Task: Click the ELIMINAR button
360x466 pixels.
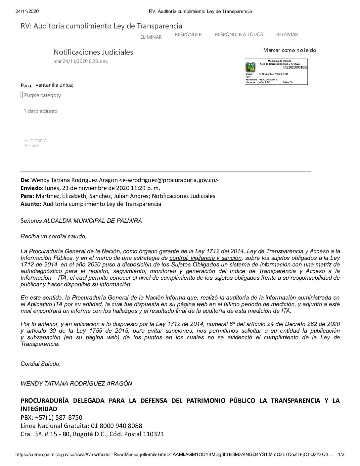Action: coord(151,37)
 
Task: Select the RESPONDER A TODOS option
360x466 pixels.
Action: coord(239,34)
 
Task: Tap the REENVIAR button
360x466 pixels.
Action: coord(287,34)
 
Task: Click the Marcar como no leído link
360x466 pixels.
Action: coord(290,50)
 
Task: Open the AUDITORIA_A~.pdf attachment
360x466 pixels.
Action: coord(36,143)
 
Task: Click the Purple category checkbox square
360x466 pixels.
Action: coord(22,95)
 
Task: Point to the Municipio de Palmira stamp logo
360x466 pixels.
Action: coord(250,68)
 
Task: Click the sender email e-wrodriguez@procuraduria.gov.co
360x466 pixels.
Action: coord(168,180)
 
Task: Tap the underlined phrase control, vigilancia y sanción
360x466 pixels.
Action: coord(205,258)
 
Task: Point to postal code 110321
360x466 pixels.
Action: coord(154,434)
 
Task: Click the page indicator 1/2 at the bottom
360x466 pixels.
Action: coord(341,455)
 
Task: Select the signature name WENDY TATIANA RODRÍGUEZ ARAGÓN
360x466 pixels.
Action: coord(76,384)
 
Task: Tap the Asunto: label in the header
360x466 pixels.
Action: coord(31,204)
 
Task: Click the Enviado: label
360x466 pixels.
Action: coord(32,188)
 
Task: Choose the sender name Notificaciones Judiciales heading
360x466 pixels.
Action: coord(93,52)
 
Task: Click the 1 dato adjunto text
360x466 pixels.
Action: coord(41,111)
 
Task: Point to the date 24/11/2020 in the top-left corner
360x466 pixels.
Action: coord(27,11)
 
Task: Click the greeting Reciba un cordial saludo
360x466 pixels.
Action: coord(54,236)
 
